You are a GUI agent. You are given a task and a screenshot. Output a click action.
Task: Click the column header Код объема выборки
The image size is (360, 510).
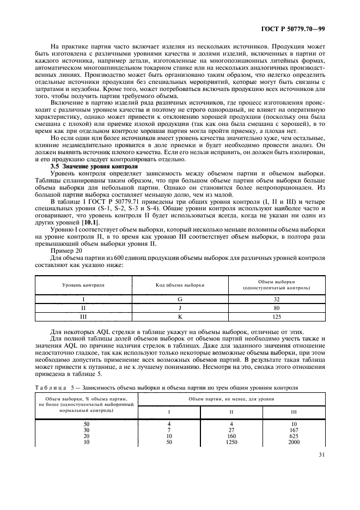pos(180,284)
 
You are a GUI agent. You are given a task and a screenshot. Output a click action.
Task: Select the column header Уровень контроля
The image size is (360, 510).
pos(83,284)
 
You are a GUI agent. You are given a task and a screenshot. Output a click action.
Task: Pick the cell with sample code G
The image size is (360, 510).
pos(180,299)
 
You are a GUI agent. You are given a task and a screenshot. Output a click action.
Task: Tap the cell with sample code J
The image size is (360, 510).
pos(180,307)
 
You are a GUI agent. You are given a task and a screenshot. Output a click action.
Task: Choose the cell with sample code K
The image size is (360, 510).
pos(180,315)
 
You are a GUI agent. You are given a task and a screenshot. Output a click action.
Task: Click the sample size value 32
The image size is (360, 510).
pos(276,299)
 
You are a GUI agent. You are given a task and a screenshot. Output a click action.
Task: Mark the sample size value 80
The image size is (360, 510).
pos(276,307)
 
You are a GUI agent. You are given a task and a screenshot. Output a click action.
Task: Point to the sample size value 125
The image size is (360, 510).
pos(276,315)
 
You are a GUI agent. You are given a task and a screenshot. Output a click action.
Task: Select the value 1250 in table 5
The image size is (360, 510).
pos(233,442)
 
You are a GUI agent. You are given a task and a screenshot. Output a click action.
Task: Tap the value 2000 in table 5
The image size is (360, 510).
pos(294,442)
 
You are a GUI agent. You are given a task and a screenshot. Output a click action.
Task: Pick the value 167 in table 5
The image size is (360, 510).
pos(294,429)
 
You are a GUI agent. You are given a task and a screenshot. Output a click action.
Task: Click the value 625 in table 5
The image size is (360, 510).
pos(294,436)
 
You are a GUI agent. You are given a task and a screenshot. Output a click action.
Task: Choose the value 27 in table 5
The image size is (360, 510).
pos(233,429)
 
